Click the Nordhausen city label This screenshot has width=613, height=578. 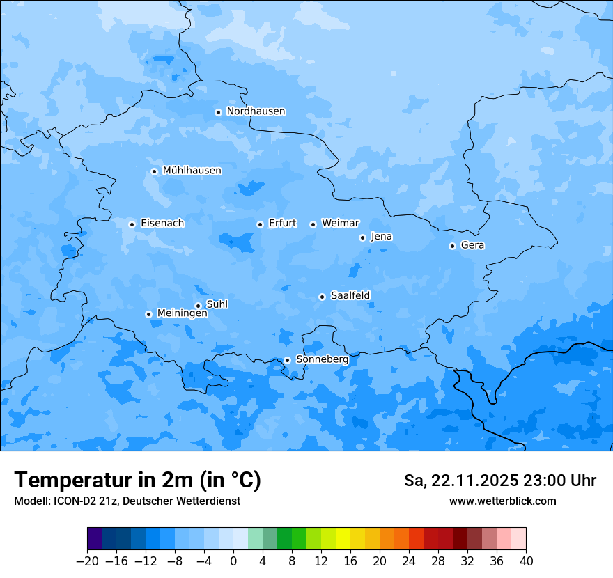point(256,111)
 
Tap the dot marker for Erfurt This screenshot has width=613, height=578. point(260,224)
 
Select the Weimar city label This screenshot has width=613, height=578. point(340,224)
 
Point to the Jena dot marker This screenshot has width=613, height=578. point(362,237)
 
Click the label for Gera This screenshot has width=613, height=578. point(472,245)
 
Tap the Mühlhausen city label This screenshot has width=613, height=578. point(192,171)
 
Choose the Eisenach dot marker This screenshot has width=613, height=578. point(132,224)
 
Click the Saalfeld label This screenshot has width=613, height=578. point(350,296)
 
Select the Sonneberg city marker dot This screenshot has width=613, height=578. point(287,360)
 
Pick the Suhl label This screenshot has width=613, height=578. point(217,304)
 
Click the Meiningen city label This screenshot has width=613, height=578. point(182,313)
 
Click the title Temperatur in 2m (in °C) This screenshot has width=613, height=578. point(137,480)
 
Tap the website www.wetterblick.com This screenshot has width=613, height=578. point(502,501)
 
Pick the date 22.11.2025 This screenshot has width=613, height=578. point(474,481)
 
